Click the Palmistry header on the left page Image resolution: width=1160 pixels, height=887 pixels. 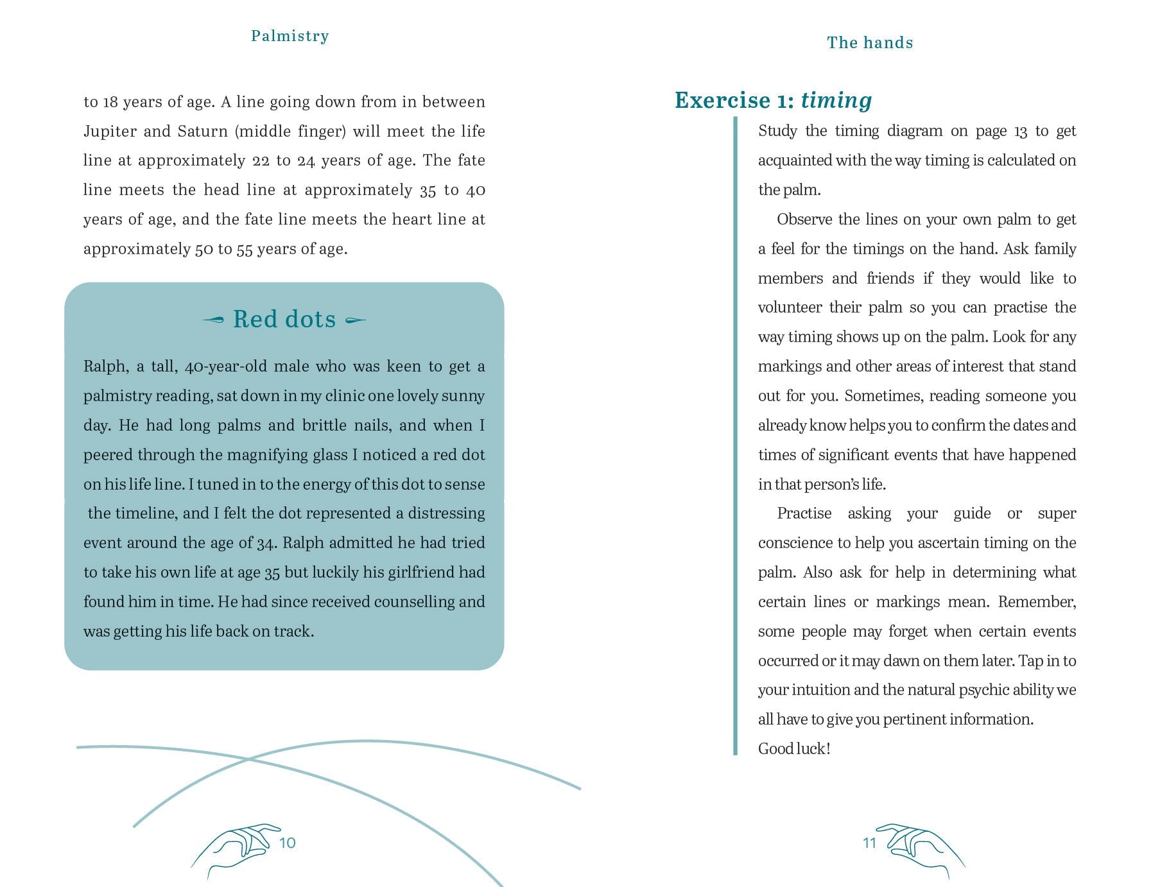[290, 36]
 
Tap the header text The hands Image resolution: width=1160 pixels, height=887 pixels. [870, 43]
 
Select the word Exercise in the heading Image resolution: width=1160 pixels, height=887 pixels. [722, 101]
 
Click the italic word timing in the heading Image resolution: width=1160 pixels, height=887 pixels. [836, 101]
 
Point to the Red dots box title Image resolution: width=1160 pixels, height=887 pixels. [284, 319]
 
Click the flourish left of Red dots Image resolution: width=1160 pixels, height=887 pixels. [214, 320]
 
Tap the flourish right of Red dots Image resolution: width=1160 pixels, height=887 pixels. [356, 320]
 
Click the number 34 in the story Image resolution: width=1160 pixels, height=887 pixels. [266, 543]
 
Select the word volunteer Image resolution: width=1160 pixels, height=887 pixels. [790, 307]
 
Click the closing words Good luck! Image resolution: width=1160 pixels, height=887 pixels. [794, 749]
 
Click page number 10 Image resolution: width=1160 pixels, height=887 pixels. [288, 843]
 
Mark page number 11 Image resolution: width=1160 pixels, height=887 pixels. [869, 843]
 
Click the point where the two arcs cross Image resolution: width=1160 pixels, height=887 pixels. [248, 759]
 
